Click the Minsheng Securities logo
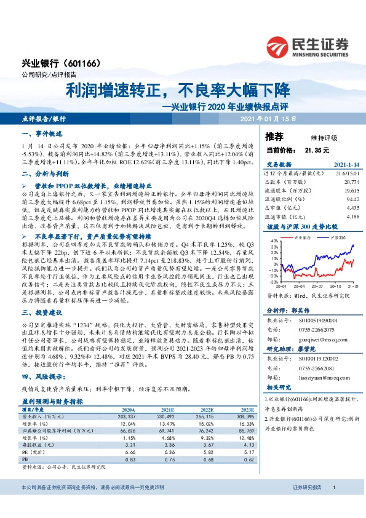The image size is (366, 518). (307, 46)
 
